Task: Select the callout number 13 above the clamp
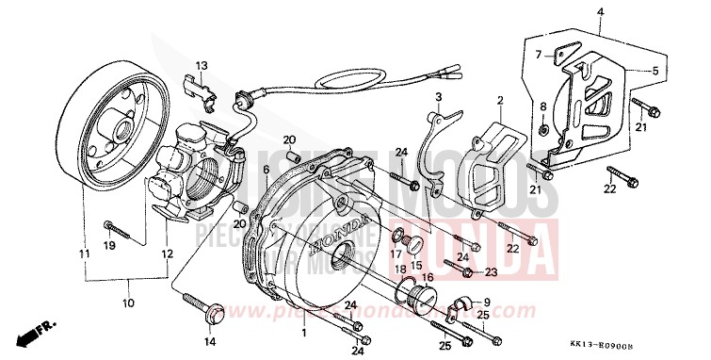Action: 201,64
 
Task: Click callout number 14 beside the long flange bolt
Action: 210,341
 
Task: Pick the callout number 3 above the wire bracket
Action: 439,98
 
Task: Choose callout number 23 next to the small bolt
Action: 492,272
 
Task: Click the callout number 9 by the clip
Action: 487,303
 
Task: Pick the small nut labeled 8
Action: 545,129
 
